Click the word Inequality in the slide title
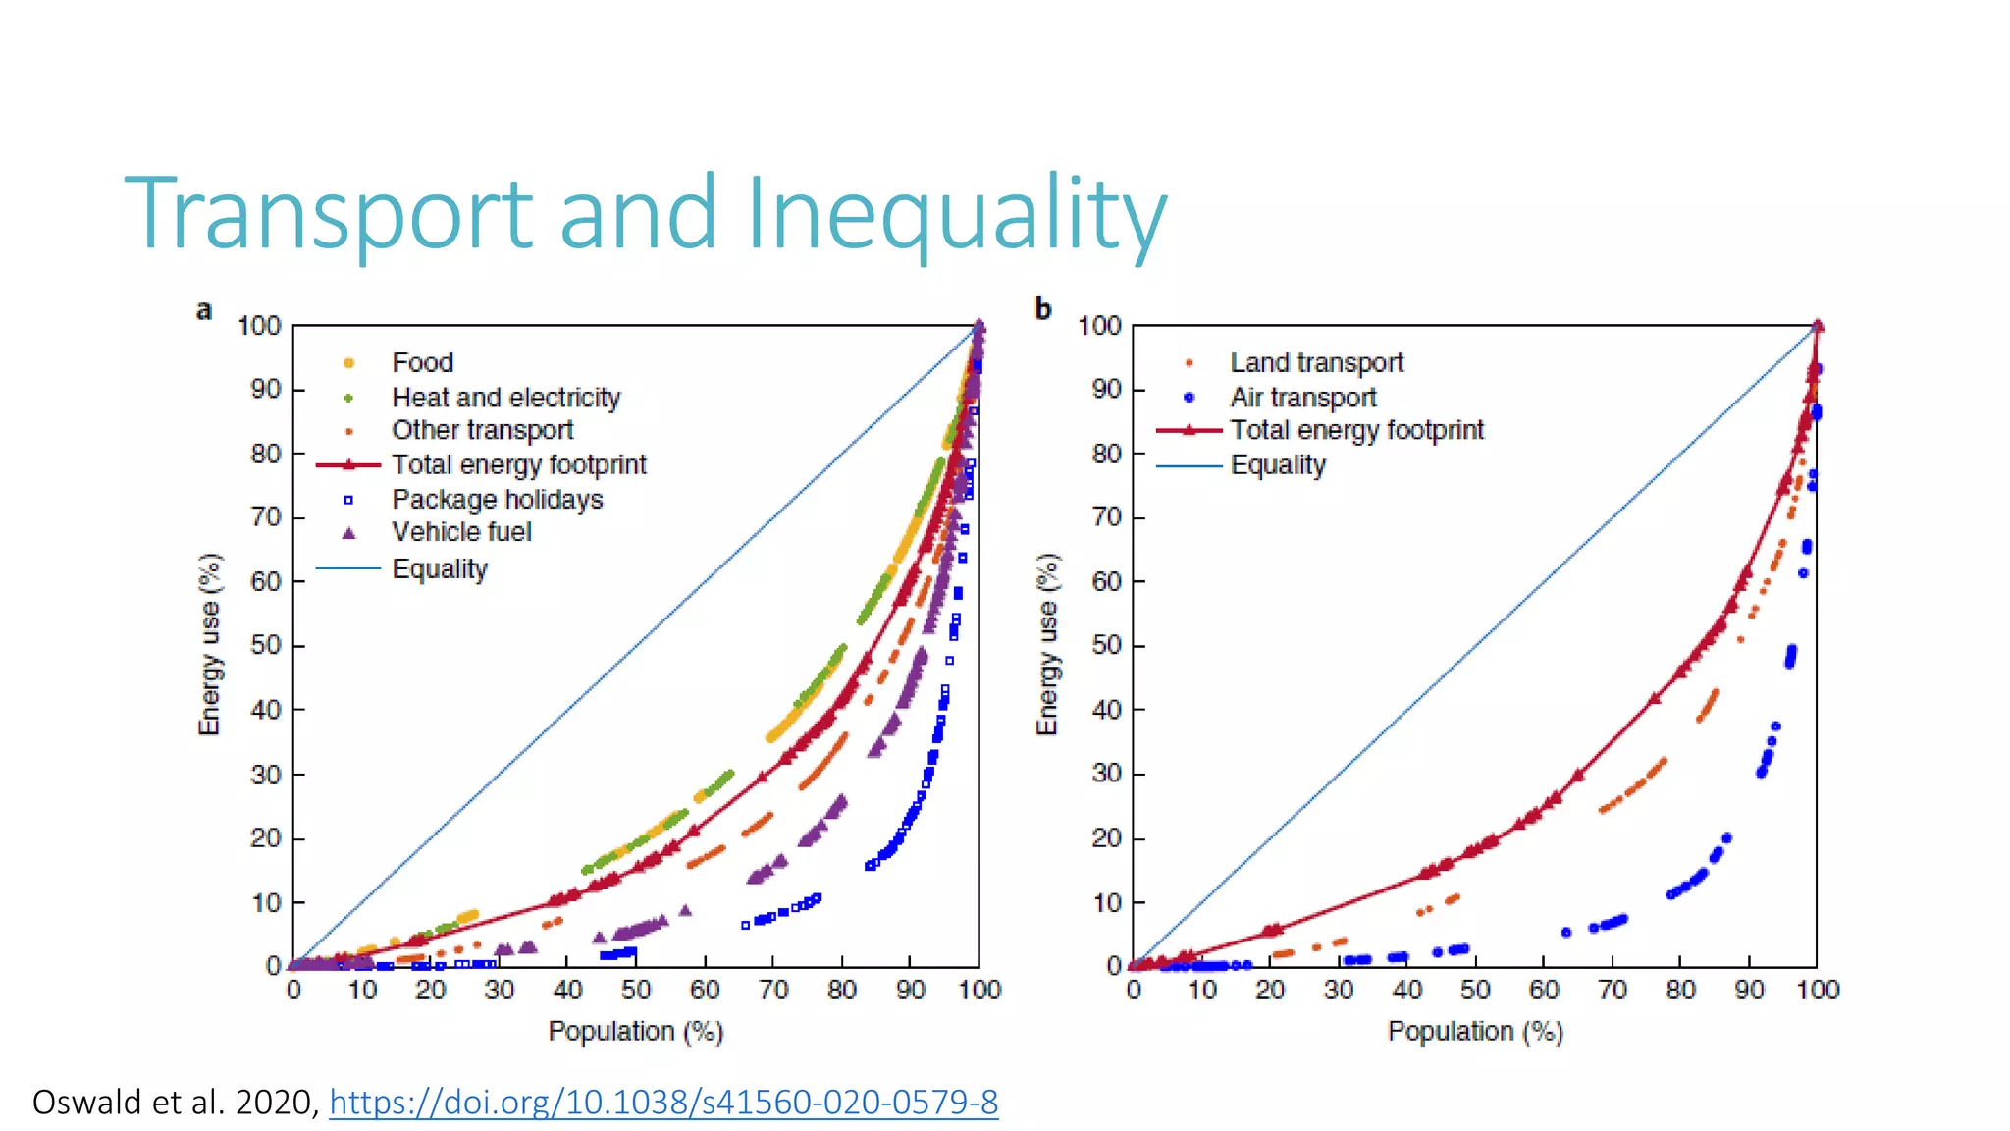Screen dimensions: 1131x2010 (x=956, y=214)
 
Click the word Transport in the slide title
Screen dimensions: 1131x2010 (x=329, y=214)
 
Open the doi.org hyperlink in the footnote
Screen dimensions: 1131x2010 (x=663, y=1103)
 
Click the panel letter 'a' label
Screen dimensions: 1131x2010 (x=204, y=311)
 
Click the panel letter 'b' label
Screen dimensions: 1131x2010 (x=1043, y=309)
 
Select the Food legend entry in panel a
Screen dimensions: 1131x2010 (x=422, y=363)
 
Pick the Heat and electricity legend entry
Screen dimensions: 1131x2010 (x=505, y=398)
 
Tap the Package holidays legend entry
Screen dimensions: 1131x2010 (x=497, y=500)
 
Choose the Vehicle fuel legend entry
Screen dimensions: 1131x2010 (x=461, y=532)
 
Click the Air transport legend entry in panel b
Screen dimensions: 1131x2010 (x=1302, y=398)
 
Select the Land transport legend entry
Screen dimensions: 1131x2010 (x=1316, y=363)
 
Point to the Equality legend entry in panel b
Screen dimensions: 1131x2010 (x=1278, y=465)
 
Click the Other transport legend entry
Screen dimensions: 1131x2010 (x=482, y=430)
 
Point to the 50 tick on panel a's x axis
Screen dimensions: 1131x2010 (x=636, y=990)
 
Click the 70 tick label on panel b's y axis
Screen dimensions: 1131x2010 (x=1106, y=517)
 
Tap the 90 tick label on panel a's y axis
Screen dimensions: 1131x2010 (x=266, y=390)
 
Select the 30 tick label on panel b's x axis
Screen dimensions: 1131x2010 (x=1339, y=990)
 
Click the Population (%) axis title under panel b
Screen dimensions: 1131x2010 (x=1474, y=1032)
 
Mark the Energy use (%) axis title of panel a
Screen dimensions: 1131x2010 (x=210, y=644)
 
